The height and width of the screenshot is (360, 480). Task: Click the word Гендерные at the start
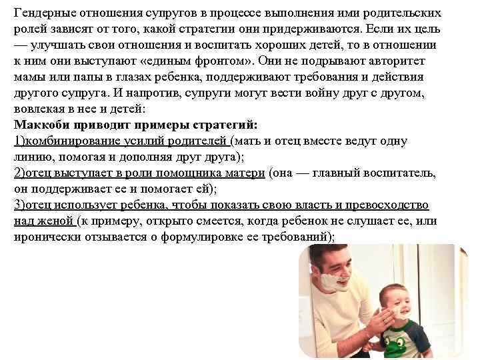pos(44,13)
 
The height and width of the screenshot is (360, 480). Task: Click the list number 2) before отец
pos(19,173)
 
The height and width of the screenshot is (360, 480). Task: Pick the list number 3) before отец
pos(19,205)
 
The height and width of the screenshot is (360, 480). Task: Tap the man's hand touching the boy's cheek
pos(377,313)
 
